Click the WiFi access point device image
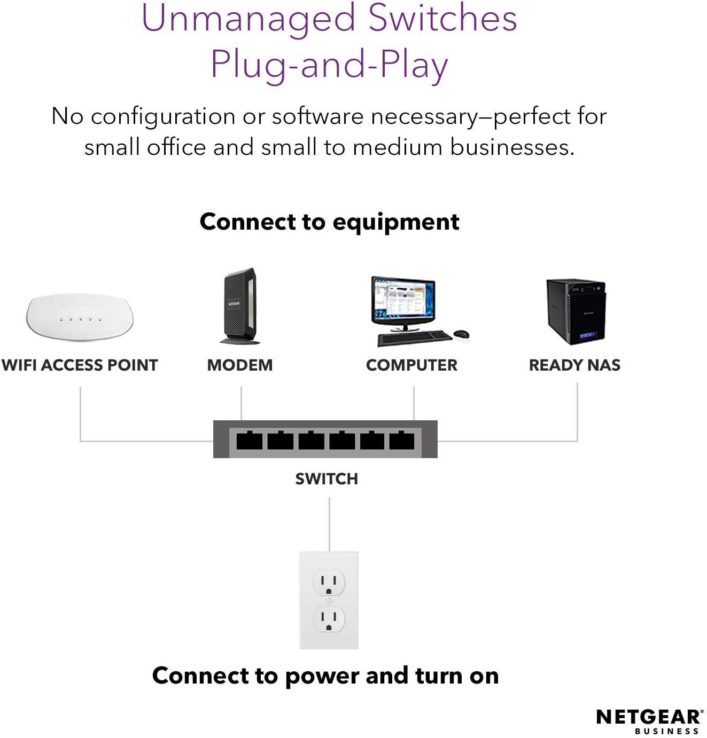(80, 318)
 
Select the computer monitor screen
(403, 300)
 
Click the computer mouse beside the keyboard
(462, 334)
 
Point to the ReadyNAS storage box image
(576, 312)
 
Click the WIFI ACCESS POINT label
(80, 365)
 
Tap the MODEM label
(240, 365)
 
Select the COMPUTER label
(412, 365)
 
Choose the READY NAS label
(575, 365)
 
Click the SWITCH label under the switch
(327, 479)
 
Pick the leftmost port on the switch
(250, 440)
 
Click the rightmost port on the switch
(402, 440)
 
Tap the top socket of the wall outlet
(329, 583)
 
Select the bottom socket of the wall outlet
(329, 619)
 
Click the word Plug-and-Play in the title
(329, 65)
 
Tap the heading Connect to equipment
(329, 222)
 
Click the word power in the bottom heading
(322, 677)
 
